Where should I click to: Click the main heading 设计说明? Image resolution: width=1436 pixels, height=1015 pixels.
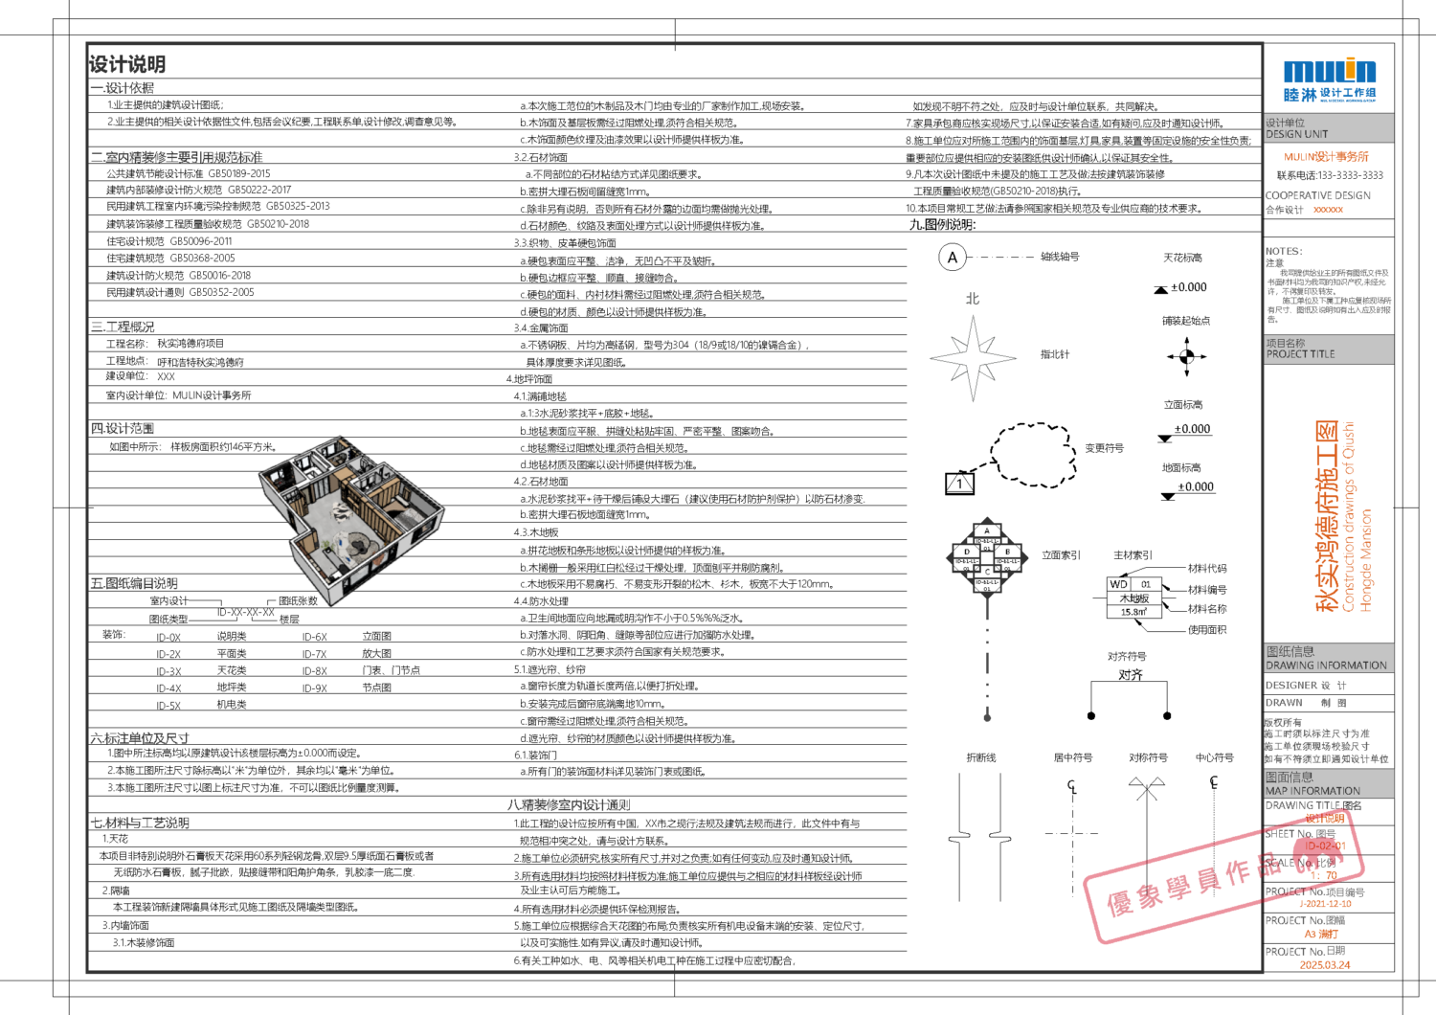tap(127, 64)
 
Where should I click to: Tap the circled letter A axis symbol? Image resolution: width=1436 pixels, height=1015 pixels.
tap(952, 258)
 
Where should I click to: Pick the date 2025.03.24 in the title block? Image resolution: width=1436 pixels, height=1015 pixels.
tap(1325, 964)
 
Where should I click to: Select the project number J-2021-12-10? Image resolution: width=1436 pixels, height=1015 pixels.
tap(1325, 903)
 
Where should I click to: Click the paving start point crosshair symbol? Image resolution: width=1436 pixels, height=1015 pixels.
tap(1187, 357)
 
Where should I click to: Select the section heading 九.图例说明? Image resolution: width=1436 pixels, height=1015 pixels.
tap(942, 225)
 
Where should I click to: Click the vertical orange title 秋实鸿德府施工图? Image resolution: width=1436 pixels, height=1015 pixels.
tap(1327, 517)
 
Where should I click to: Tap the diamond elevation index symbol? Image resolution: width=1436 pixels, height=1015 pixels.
tap(987, 555)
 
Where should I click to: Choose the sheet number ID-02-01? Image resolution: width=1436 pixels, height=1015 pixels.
tap(1326, 846)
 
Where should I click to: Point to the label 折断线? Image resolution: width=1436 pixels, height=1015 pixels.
tap(980, 757)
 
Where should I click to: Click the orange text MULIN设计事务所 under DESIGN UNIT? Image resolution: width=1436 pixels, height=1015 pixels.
tap(1326, 156)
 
